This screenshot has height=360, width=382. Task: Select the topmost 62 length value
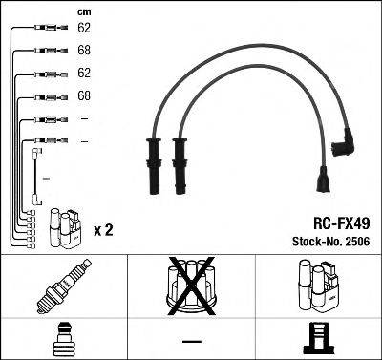point(84,28)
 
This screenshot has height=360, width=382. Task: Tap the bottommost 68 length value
point(84,96)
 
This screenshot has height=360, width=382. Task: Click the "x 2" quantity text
point(103,230)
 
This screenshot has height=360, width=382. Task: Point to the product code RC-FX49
point(338,219)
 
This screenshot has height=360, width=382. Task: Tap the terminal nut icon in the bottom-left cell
point(65,338)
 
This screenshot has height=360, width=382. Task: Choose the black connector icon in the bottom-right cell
point(318,338)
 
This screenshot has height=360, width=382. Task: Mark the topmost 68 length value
point(84,51)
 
